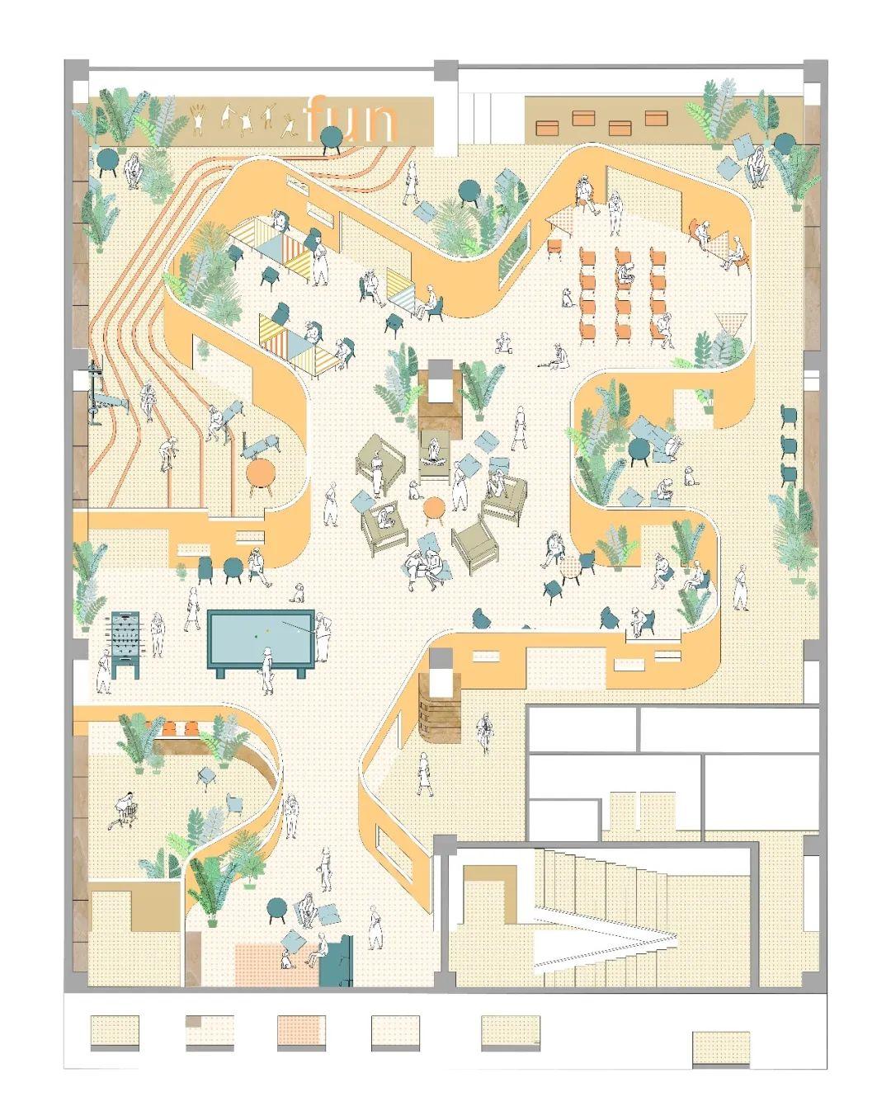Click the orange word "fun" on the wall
(x=351, y=120)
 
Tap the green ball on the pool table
(x=256, y=635)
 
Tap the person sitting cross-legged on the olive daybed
(x=433, y=450)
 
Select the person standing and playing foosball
(x=104, y=670)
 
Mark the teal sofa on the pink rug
(x=337, y=961)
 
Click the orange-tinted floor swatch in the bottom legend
(x=301, y=1031)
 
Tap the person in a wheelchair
(x=126, y=811)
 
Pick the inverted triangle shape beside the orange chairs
(x=730, y=322)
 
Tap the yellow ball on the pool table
(x=268, y=631)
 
